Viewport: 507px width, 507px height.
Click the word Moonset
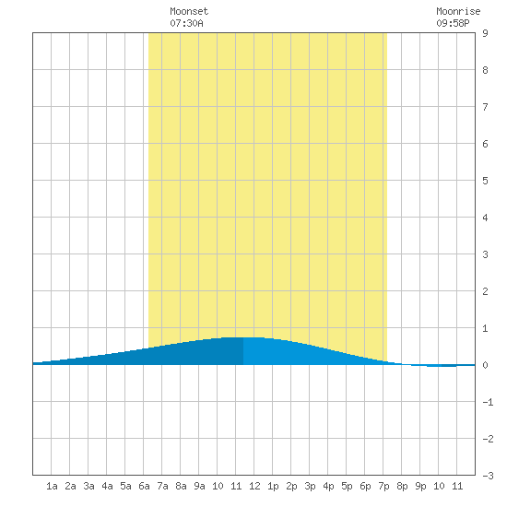pyautogui.click(x=189, y=11)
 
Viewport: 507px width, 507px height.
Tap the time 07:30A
pyautogui.click(x=186, y=23)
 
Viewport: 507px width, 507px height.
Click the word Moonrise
pyautogui.click(x=458, y=11)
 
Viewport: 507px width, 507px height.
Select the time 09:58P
pyautogui.click(x=453, y=23)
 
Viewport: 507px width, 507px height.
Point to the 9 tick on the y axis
pyautogui.click(x=485, y=33)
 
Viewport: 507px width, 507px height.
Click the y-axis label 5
pyautogui.click(x=485, y=181)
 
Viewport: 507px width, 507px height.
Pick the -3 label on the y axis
pyautogui.click(x=488, y=476)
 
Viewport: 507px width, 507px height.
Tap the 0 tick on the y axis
pyautogui.click(x=485, y=365)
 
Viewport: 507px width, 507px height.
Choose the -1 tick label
pyautogui.click(x=488, y=402)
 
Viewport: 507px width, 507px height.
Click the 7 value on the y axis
pyautogui.click(x=485, y=107)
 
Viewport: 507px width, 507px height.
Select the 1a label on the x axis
pyautogui.click(x=52, y=486)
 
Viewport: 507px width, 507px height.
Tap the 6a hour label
pyautogui.click(x=144, y=486)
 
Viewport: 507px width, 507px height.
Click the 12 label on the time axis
pyautogui.click(x=254, y=486)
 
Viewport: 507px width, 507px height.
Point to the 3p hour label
pyautogui.click(x=310, y=486)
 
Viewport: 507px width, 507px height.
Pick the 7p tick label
pyautogui.click(x=383, y=486)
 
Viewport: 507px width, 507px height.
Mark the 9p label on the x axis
pyautogui.click(x=420, y=486)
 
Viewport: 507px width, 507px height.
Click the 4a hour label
pyautogui.click(x=107, y=486)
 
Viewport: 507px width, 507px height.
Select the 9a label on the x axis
pyautogui.click(x=199, y=486)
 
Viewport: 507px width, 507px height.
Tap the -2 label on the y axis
pyautogui.click(x=488, y=439)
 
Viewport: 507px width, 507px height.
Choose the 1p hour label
pyautogui.click(x=273, y=486)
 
